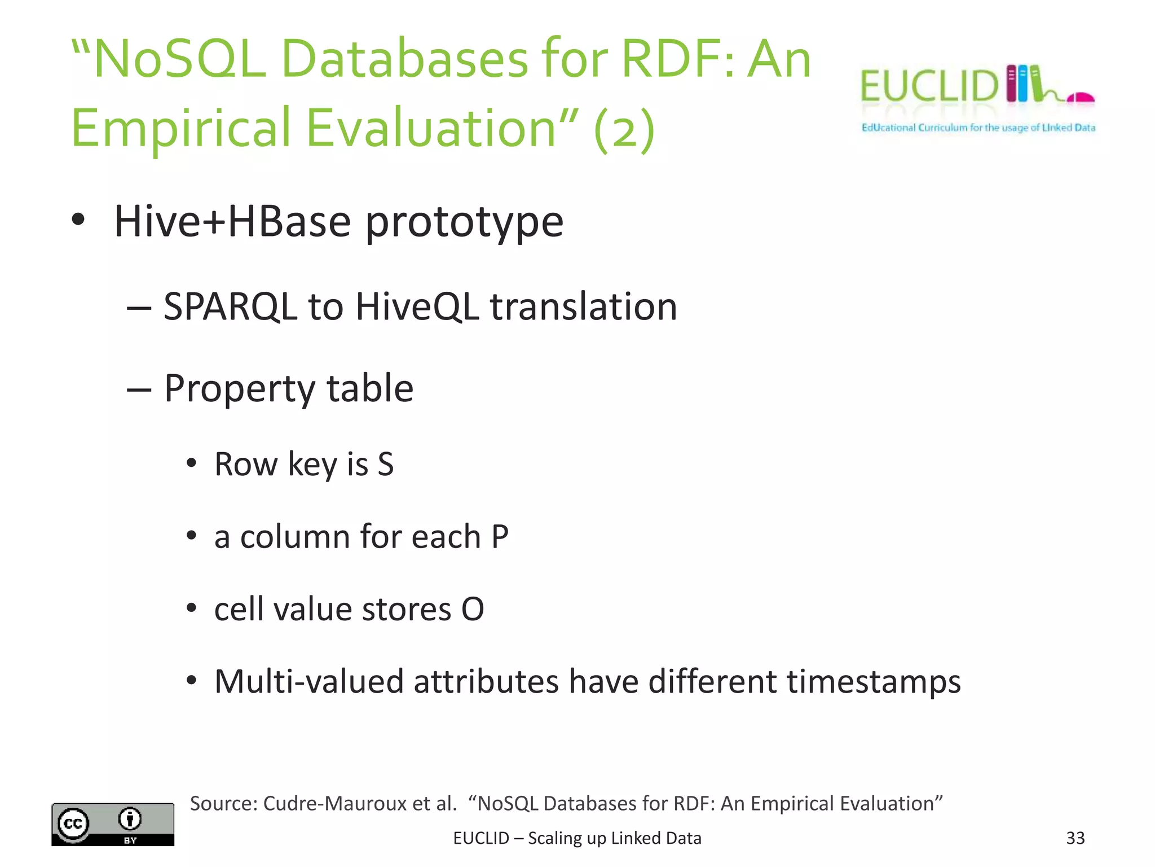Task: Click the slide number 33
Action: pos(1075,838)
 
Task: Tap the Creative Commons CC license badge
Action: pos(112,824)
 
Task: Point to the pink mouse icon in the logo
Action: pos(1081,98)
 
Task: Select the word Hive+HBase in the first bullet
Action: pos(231,221)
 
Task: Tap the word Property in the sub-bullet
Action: pos(239,389)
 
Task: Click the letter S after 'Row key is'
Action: pos(386,465)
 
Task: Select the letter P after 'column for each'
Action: pos(500,537)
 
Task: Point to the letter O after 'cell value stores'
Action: pos(473,609)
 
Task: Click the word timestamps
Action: pos(874,682)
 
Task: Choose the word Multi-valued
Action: pos(309,682)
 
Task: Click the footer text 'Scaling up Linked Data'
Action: pos(614,838)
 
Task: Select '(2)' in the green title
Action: pos(624,129)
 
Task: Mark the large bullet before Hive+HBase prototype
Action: pos(78,220)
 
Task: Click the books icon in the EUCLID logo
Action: pos(1023,84)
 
